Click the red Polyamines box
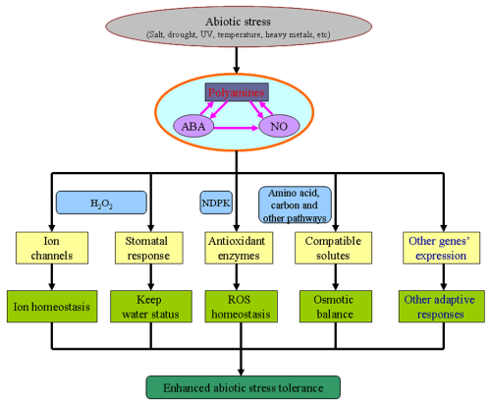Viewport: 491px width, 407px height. [x=237, y=92]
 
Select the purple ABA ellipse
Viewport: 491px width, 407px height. [x=193, y=126]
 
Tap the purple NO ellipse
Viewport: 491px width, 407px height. [x=279, y=126]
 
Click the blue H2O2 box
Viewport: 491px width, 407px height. [x=101, y=203]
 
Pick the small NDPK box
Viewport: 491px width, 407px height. [x=216, y=203]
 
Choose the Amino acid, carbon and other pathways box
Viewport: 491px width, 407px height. [x=295, y=205]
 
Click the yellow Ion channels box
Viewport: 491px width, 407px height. [x=52, y=248]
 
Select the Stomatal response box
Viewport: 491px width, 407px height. [x=149, y=248]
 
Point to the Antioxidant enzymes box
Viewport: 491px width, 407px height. [x=239, y=248]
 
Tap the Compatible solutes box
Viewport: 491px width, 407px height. [x=333, y=248]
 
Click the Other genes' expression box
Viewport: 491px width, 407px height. [x=441, y=248]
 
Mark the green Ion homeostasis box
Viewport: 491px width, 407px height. [x=52, y=307]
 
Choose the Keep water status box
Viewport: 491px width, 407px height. [x=151, y=307]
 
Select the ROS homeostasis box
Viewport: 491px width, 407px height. [x=242, y=307]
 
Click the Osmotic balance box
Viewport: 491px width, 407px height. [x=336, y=307]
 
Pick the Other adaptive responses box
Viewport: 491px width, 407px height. [x=442, y=307]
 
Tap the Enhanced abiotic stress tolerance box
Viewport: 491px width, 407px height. [x=244, y=387]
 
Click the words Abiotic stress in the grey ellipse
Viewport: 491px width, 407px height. [x=238, y=22]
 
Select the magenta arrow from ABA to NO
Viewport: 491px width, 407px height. [x=236, y=128]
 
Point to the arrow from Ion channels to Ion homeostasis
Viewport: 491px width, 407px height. [x=52, y=277]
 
